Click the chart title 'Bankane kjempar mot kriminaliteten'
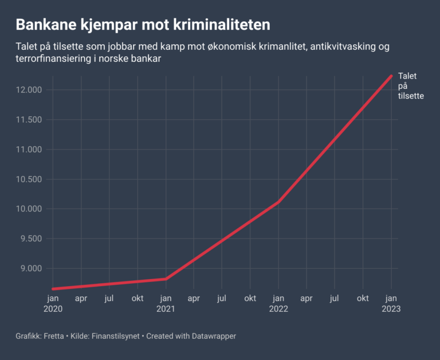143,25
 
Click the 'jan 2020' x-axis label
52,303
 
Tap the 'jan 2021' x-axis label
166,303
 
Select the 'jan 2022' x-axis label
278,303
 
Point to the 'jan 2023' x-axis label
391,303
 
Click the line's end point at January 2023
391,76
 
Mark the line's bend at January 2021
166,279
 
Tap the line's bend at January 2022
278,202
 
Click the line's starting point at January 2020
53,289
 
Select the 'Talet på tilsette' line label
411,86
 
